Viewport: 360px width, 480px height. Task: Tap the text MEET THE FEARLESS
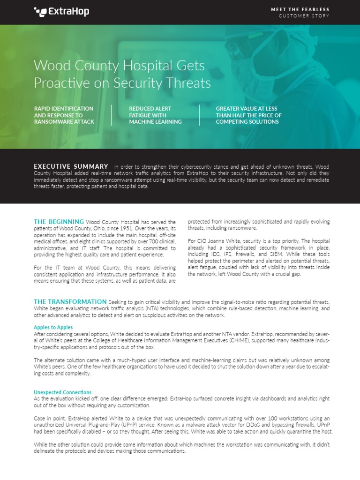pyautogui.click(x=300, y=9)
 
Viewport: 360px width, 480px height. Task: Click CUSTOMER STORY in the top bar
pyautogui.click(x=304, y=16)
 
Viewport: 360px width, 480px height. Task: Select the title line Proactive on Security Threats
pyautogui.click(x=122, y=83)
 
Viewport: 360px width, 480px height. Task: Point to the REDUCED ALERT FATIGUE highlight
pyautogui.click(x=155, y=115)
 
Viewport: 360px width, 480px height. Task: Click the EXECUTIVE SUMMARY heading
pyautogui.click(x=71, y=166)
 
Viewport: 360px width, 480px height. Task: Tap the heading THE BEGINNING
pyautogui.click(x=59, y=222)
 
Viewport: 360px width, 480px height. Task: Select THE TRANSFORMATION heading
pyautogui.click(x=70, y=301)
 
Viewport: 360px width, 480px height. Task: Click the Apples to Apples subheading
pyautogui.click(x=53, y=327)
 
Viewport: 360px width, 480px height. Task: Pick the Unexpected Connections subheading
pyautogui.click(x=62, y=392)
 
